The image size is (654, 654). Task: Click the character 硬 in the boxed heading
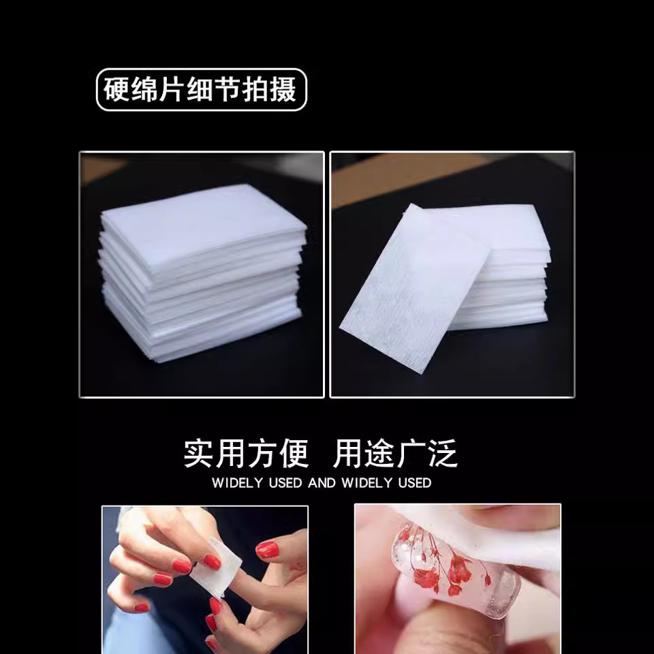click(x=116, y=90)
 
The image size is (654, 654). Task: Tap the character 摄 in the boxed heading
click(x=283, y=90)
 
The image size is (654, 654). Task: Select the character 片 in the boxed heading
click(x=172, y=90)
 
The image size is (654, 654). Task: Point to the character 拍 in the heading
click(x=255, y=90)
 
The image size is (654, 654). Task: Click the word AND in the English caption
click(x=322, y=483)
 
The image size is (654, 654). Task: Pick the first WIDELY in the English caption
click(x=237, y=483)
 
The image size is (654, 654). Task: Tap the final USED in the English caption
click(x=415, y=483)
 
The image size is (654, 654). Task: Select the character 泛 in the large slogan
click(x=443, y=453)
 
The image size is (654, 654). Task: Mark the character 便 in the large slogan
click(x=294, y=453)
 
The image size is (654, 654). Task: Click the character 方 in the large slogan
click(x=262, y=453)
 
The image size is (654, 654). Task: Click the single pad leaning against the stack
click(x=414, y=287)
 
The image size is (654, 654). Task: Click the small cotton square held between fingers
click(x=216, y=566)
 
